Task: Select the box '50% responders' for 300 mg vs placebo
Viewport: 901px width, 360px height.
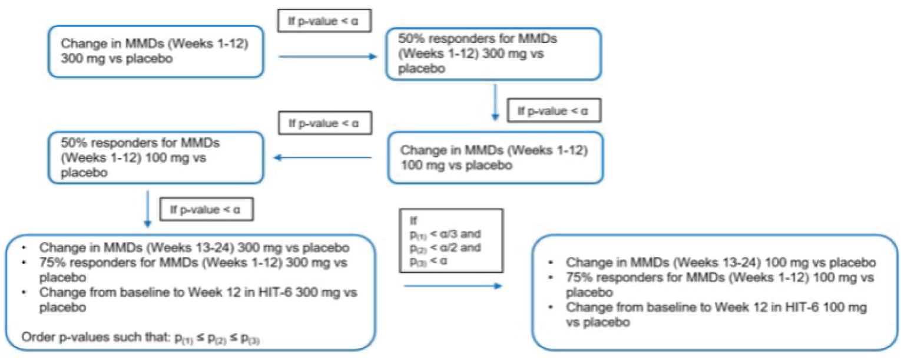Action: tap(493, 52)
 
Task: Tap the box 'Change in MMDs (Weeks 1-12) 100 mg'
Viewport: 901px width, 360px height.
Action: tap(495, 157)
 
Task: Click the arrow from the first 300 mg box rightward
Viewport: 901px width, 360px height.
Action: tap(327, 57)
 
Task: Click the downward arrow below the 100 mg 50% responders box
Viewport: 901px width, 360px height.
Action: tap(148, 210)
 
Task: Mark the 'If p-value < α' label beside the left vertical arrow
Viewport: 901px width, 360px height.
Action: tap(209, 208)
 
